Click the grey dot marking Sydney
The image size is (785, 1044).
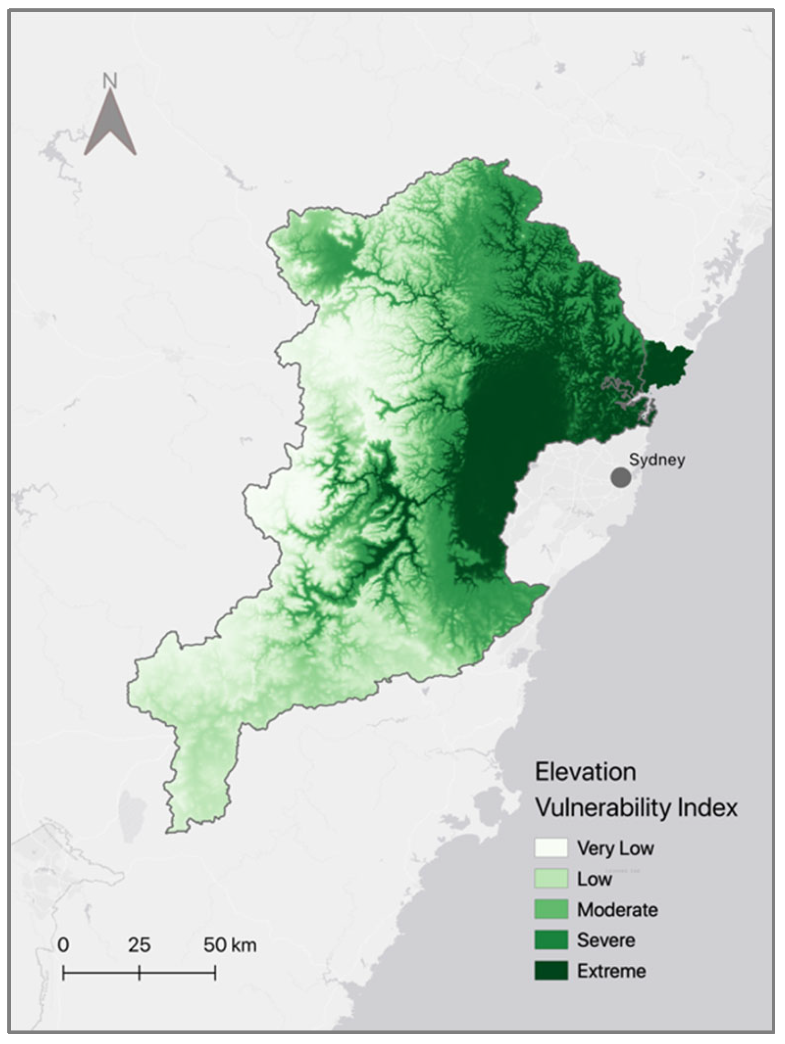(x=621, y=477)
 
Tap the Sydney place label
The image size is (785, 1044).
(x=656, y=460)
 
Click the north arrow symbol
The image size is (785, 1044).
(x=110, y=125)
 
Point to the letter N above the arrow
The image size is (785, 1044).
(x=110, y=81)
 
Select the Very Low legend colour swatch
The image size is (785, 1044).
(x=551, y=848)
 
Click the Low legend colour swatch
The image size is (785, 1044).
(x=551, y=879)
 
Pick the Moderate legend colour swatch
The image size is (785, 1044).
(x=551, y=910)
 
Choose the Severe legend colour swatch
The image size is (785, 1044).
(x=551, y=940)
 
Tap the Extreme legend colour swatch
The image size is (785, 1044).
(x=551, y=971)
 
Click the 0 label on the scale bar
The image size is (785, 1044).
(x=64, y=945)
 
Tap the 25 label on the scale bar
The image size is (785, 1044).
(x=139, y=945)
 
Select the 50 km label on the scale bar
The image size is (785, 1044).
(x=230, y=945)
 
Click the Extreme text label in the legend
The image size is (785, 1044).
(x=612, y=971)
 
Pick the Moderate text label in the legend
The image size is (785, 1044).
(x=618, y=910)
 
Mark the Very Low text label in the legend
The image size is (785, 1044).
(x=615, y=848)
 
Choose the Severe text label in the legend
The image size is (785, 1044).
(x=606, y=940)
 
